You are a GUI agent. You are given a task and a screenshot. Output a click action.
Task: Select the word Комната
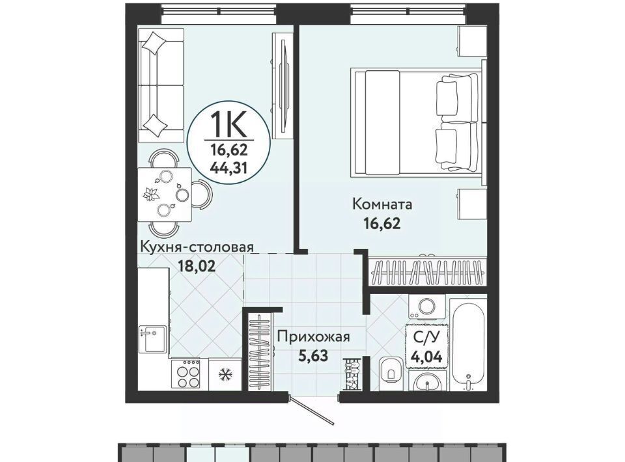[x=382, y=205]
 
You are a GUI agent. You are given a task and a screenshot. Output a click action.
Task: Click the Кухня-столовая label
[x=196, y=247]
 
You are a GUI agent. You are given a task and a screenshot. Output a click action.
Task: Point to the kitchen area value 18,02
[x=197, y=265]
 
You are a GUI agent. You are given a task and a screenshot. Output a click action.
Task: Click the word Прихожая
[x=314, y=337]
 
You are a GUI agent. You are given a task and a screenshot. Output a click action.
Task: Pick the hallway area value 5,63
[x=314, y=355]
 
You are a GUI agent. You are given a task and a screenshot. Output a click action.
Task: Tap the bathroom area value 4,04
[x=427, y=357]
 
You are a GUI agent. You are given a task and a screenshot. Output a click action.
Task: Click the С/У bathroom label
[x=427, y=338]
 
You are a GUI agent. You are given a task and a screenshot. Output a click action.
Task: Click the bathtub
[x=469, y=344]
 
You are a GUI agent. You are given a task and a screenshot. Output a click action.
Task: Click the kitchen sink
[x=152, y=339]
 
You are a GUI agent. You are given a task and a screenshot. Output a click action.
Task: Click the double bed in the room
[x=418, y=122]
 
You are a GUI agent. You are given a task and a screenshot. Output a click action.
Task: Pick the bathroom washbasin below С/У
[x=427, y=382]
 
